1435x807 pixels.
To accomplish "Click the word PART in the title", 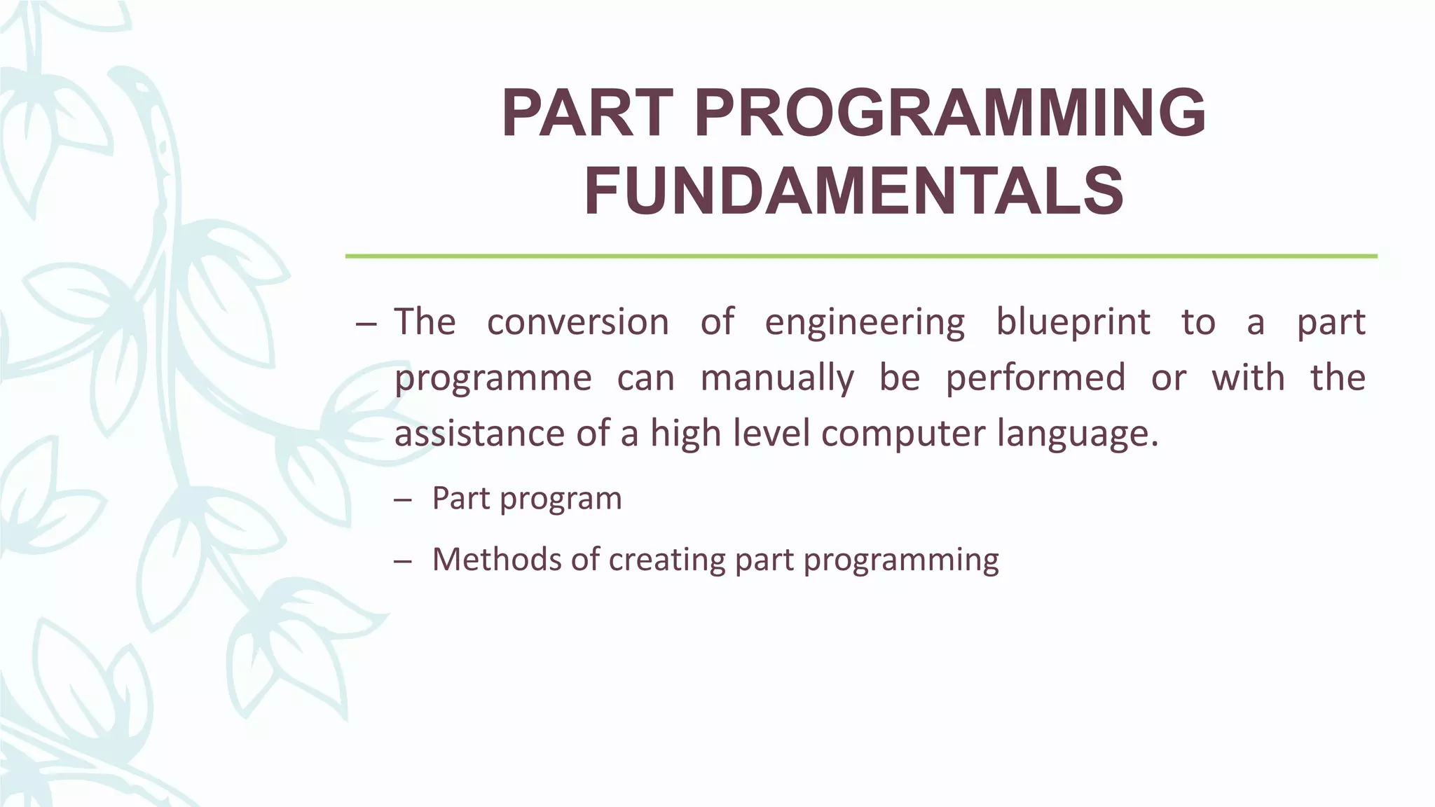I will pyautogui.click(x=587, y=113).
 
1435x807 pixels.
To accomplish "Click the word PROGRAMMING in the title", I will pyautogui.click(x=951, y=113).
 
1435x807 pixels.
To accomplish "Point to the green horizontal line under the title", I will pyautogui.click(x=860, y=256).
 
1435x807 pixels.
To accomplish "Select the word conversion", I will pyautogui.click(x=577, y=322).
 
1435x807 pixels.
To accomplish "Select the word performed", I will pyautogui.click(x=1035, y=378).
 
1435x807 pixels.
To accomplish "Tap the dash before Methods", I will pyautogui.click(x=403, y=561).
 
